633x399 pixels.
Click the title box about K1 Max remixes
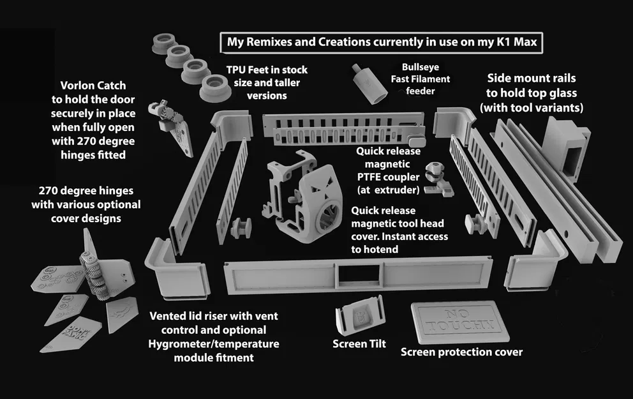(382, 43)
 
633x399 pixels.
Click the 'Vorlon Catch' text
(93, 85)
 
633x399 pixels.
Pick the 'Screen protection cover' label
(461, 352)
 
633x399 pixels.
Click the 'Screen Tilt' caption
(359, 344)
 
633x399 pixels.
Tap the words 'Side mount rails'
(531, 78)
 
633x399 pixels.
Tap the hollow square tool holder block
(567, 147)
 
